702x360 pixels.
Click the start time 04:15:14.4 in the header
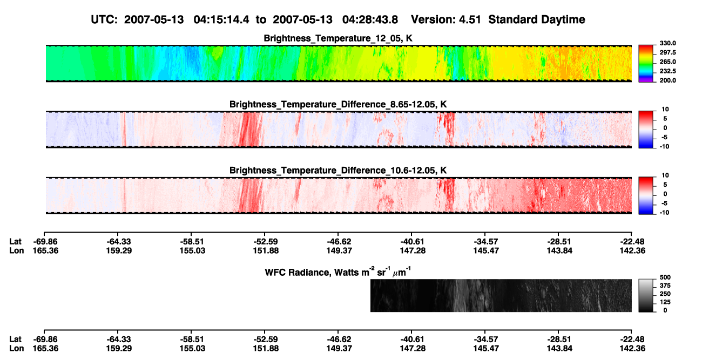[x=221, y=20]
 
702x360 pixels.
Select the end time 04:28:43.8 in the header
[x=370, y=20]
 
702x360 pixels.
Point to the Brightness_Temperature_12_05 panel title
[x=338, y=38]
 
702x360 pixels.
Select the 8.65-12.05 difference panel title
[x=338, y=104]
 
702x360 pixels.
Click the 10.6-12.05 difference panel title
[x=338, y=171]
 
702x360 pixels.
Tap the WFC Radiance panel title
[x=338, y=272]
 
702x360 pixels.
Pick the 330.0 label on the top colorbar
[x=667, y=43]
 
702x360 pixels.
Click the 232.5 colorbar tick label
[x=667, y=71]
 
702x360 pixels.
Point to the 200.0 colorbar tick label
[x=667, y=80]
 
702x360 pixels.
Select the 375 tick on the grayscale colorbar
[x=665, y=286]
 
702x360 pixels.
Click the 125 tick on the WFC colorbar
[x=665, y=302]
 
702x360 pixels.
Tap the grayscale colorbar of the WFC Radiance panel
[x=646, y=295]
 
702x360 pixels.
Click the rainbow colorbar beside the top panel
[x=646, y=64]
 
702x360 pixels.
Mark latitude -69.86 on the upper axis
[x=45, y=242]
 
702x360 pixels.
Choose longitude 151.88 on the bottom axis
[x=266, y=349]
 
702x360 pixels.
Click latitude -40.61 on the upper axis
[x=413, y=242]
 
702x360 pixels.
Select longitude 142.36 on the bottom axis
[x=632, y=349]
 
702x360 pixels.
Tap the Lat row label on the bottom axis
[x=15, y=339]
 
